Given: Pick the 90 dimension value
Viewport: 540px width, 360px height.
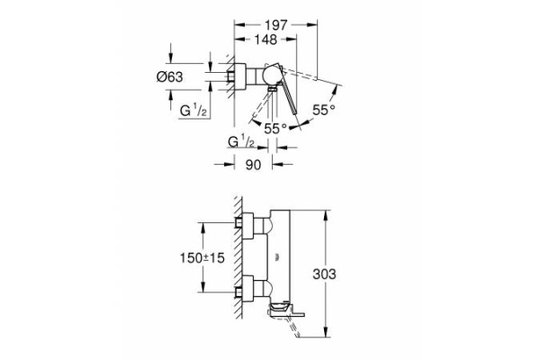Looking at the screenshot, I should pos(253,165).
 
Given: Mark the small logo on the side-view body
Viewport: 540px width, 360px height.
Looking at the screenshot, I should pos(276,256).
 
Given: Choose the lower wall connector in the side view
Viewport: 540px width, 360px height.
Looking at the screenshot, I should pos(244,292).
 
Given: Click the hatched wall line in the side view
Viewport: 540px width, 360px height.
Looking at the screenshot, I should pos(236,261).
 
